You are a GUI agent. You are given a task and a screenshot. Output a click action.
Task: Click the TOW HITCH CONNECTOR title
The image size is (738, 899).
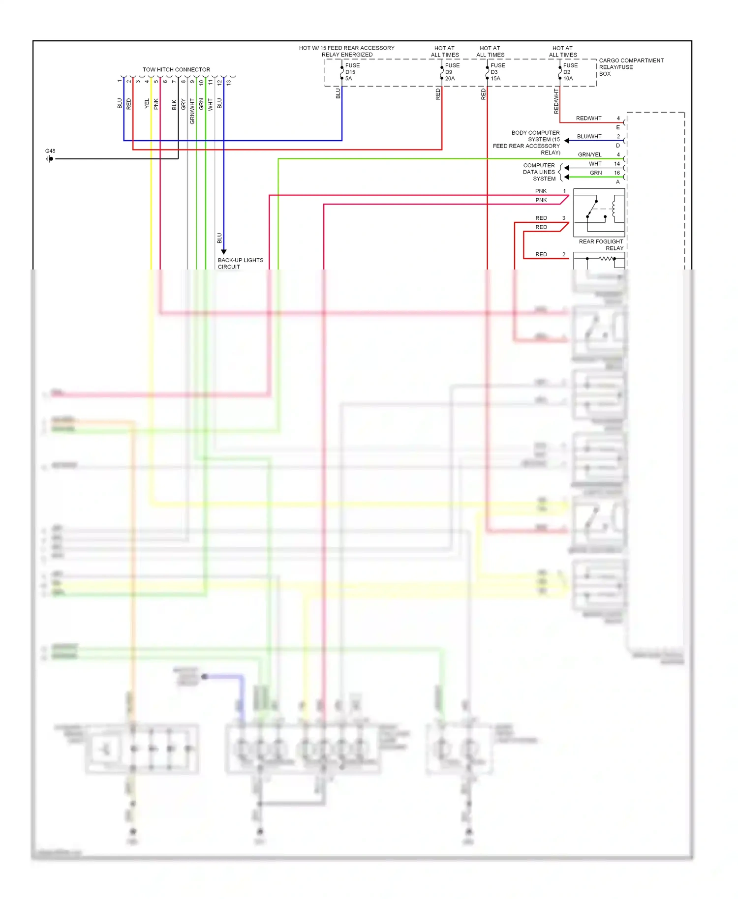[176, 69]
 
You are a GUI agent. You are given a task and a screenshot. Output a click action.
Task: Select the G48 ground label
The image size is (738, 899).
[50, 151]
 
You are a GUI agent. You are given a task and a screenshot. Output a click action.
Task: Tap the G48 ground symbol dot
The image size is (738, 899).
[51, 159]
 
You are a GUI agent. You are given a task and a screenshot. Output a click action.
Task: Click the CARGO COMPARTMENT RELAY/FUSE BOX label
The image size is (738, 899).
[631, 67]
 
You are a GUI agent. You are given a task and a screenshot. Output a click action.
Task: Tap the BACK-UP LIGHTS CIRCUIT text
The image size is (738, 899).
[240, 264]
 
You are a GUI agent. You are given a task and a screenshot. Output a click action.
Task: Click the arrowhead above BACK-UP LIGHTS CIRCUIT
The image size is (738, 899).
[224, 252]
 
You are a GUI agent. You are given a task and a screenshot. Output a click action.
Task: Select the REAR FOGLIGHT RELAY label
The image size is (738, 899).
[601, 245]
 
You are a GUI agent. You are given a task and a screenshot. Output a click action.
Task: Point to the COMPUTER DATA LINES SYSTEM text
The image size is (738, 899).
[539, 172]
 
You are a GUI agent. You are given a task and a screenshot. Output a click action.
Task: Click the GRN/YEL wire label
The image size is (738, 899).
[589, 154]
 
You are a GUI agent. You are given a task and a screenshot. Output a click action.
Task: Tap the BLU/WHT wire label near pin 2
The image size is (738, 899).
[589, 136]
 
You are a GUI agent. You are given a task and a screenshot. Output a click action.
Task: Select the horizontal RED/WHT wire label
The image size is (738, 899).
[588, 118]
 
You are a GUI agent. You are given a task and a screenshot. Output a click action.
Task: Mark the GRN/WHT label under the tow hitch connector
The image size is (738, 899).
[192, 111]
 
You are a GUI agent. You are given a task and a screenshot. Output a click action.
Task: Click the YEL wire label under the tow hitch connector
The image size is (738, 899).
[147, 103]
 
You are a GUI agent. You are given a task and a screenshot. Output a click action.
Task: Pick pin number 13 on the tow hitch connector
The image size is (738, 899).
[229, 82]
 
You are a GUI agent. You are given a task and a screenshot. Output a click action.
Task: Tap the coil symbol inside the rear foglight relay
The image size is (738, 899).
[614, 209]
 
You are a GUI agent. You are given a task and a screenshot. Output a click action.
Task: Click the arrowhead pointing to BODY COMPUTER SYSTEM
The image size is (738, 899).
[567, 141]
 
